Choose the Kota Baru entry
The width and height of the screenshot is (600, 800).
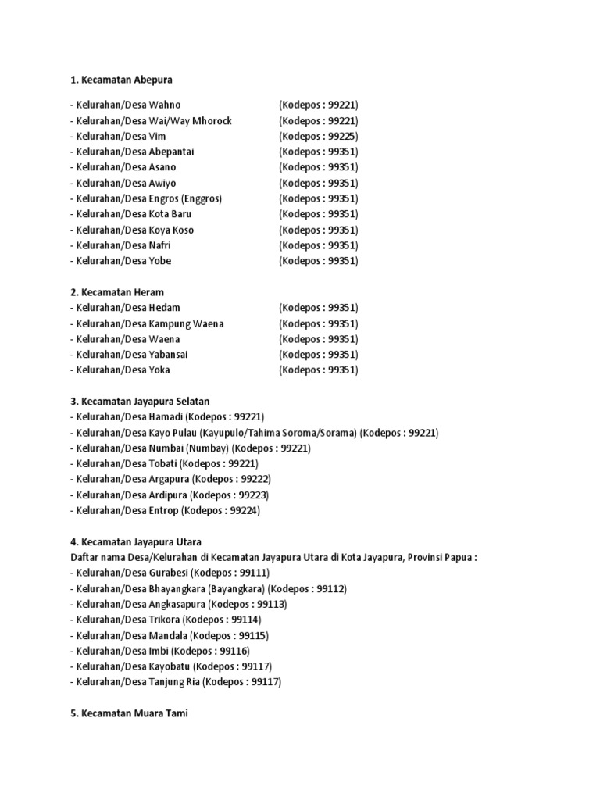coord(170,214)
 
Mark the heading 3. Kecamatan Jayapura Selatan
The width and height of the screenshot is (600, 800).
coord(140,402)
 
